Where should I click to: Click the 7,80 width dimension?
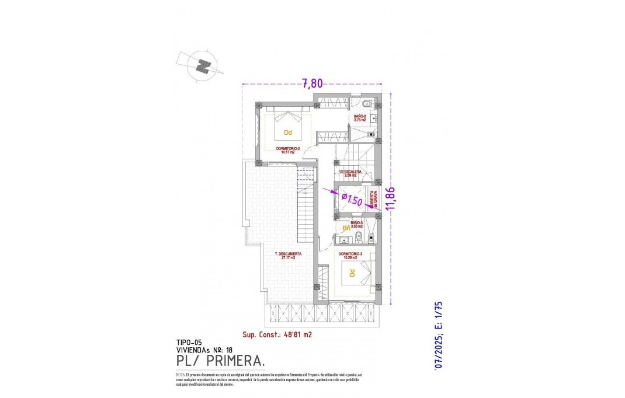click(x=312, y=83)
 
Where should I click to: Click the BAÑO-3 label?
click(x=357, y=225)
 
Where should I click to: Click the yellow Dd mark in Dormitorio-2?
click(x=287, y=132)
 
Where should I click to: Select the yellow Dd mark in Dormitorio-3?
click(x=352, y=273)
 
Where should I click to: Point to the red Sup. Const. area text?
click(x=277, y=335)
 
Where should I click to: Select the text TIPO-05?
click(x=189, y=343)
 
